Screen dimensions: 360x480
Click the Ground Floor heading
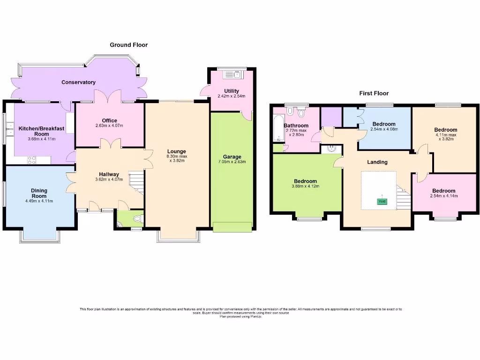[128, 45]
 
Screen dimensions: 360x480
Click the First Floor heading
[374, 93]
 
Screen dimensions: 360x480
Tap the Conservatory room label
[78, 82]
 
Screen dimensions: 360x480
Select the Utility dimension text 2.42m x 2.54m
[232, 97]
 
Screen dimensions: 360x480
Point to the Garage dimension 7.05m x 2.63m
[232, 162]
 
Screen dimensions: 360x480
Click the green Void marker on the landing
[382, 202]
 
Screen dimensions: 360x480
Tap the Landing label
[377, 162]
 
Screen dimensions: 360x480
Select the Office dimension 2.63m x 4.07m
[110, 126]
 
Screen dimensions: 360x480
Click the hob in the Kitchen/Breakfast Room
[32, 160]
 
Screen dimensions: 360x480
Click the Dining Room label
[39, 193]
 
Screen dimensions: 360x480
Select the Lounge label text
[178, 151]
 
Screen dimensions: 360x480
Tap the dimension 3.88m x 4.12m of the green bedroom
[305, 187]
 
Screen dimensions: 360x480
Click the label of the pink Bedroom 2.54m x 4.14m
[443, 191]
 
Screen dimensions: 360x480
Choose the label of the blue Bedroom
[384, 124]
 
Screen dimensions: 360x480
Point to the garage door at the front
[232, 227]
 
